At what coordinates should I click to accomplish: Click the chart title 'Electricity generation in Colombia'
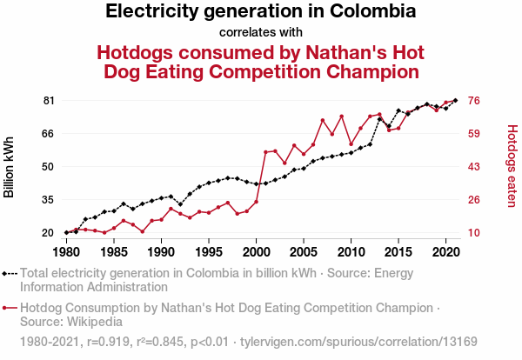(x=260, y=12)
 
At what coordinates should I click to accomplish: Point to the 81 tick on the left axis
(x=49, y=101)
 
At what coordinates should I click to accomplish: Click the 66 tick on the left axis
(x=49, y=134)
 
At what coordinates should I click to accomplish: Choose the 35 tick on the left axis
(x=49, y=200)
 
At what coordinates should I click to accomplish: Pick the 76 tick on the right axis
(x=476, y=101)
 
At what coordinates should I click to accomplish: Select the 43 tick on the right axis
(x=476, y=167)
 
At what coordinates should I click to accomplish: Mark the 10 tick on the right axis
(x=476, y=233)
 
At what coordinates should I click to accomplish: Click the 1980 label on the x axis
(x=66, y=252)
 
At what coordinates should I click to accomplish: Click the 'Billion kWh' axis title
(x=10, y=167)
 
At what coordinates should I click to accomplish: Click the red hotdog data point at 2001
(x=265, y=152)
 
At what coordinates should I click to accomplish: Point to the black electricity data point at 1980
(x=66, y=232)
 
